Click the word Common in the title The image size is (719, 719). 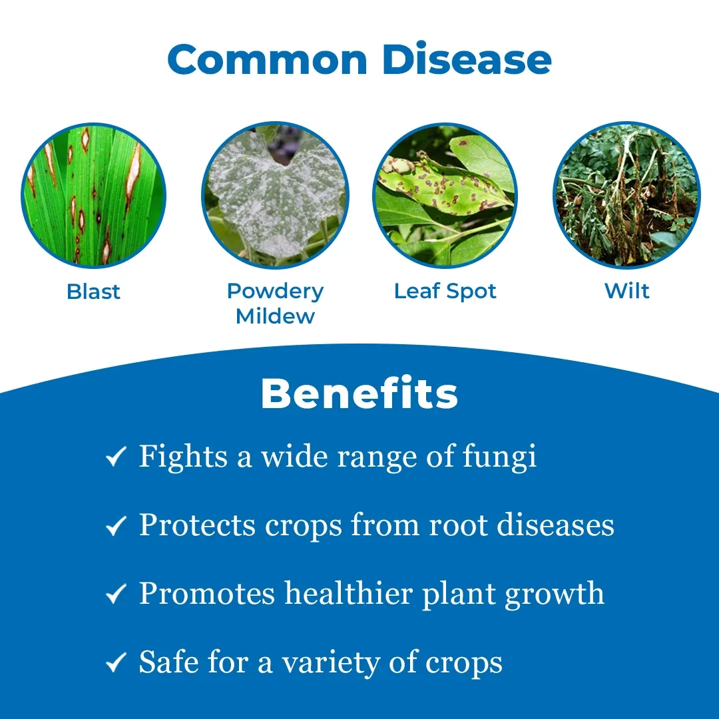click(x=268, y=59)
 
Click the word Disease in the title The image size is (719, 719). click(x=466, y=59)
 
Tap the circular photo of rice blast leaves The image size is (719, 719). click(x=94, y=195)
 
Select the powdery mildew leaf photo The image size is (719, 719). click(x=275, y=195)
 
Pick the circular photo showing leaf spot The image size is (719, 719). click(x=445, y=195)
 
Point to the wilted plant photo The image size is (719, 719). click(x=627, y=195)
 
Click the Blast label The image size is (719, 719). click(x=94, y=292)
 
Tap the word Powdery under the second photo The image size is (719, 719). click(x=275, y=292)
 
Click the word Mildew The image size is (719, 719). click(x=275, y=316)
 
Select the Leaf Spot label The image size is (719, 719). click(x=445, y=292)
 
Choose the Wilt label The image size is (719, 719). click(x=627, y=291)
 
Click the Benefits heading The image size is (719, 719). click(x=359, y=393)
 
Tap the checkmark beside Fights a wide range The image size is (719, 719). click(x=116, y=457)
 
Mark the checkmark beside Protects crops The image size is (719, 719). click(x=116, y=525)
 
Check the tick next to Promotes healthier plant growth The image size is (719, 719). click(x=116, y=594)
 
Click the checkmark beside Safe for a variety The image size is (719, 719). click(x=116, y=662)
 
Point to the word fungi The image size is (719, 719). click(x=499, y=458)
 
